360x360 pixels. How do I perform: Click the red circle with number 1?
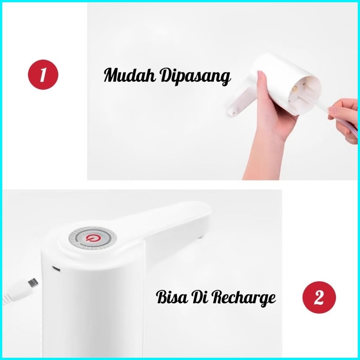(43, 75)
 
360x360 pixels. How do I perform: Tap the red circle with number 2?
(319, 297)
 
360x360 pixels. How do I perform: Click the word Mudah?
(130, 75)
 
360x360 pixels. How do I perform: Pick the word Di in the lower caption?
(199, 297)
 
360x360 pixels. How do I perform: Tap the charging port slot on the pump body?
(56, 268)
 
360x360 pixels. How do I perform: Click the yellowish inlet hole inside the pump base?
(295, 88)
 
